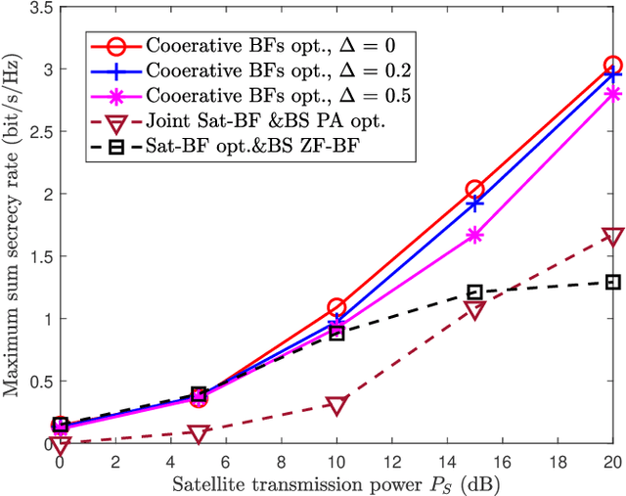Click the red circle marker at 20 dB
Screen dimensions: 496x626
612,66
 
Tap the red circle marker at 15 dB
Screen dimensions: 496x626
474,189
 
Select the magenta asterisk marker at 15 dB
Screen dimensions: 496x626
474,235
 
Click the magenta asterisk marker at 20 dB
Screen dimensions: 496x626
612,94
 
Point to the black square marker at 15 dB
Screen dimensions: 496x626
474,292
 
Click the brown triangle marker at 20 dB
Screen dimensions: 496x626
612,237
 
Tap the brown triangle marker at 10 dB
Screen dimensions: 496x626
335,405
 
